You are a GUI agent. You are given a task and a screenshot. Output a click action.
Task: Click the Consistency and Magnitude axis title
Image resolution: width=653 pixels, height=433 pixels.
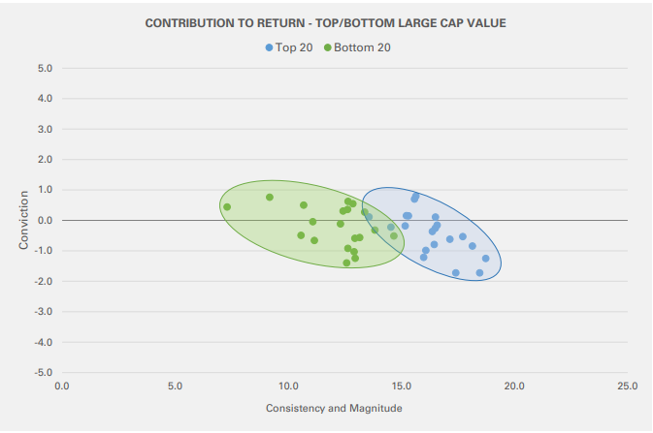tap(334, 408)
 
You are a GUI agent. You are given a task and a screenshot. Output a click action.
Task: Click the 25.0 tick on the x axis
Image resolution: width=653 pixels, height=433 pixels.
tap(627, 387)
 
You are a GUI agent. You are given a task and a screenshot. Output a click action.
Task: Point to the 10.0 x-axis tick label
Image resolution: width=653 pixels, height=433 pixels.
tap(288, 387)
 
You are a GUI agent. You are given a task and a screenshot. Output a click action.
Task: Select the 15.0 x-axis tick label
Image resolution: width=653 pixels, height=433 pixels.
tap(401, 387)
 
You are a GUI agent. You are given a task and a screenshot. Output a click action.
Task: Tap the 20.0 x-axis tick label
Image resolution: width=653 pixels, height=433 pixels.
tap(514, 387)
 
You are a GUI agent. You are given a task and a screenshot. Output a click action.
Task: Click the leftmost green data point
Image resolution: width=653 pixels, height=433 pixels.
tap(227, 207)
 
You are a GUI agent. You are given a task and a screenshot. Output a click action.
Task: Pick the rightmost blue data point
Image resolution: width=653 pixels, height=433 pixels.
tap(485, 259)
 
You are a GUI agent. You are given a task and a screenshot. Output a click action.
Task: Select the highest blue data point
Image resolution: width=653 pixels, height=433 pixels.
tap(416, 196)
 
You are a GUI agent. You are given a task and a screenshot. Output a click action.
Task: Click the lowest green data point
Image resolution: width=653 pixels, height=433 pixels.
tap(346, 263)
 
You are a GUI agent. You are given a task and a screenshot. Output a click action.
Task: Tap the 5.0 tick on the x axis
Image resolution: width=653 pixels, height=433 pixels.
tap(175, 387)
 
